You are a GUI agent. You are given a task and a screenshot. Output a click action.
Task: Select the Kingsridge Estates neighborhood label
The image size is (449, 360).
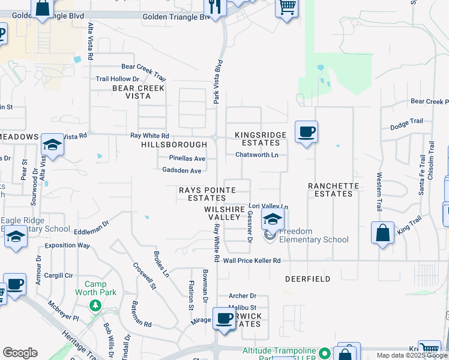coord(258,139)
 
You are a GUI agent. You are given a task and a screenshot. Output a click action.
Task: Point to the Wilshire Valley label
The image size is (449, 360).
coord(224,213)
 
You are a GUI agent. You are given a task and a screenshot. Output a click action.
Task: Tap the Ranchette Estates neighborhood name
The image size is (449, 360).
coord(333,190)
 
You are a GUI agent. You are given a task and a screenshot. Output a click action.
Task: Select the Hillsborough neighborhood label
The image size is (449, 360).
coord(174,145)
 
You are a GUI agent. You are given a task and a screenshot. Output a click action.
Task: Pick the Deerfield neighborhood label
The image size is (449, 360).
coord(308,279)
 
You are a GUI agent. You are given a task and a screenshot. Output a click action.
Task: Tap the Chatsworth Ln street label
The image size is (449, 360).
coord(257,155)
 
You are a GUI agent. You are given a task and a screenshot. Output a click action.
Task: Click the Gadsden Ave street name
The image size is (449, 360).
coord(182,170)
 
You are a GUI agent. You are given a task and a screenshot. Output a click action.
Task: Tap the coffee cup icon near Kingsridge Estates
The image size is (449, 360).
coord(306,132)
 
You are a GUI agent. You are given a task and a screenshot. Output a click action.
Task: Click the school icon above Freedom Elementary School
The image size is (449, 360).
coord(273,220)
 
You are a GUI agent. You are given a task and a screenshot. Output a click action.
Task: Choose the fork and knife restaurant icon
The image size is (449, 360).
coord(214,7)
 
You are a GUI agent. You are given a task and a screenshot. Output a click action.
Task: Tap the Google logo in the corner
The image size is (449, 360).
coord(20,353)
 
